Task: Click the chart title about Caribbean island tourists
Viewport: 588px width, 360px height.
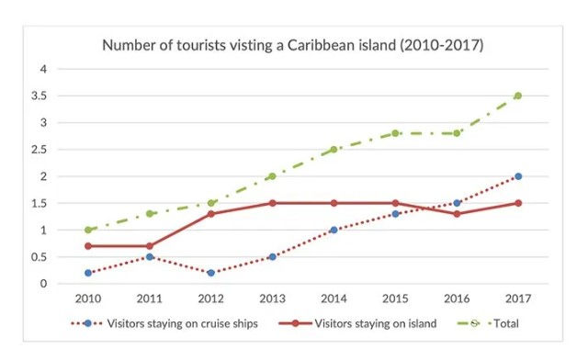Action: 293,44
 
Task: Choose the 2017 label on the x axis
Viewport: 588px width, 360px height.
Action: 518,298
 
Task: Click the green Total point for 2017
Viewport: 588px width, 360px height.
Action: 518,96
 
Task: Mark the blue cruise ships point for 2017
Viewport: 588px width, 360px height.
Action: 518,176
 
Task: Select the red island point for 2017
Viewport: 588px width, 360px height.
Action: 518,203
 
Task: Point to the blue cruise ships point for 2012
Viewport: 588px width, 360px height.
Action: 211,273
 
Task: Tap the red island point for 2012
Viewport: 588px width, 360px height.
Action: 211,214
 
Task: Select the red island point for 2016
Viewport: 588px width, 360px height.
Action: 458,214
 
